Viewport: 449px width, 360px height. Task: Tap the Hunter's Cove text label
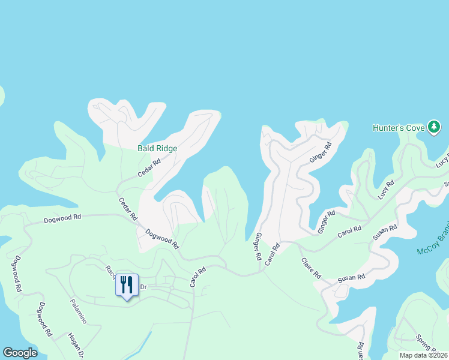(x=398, y=128)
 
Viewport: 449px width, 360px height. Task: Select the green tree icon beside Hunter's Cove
(x=434, y=127)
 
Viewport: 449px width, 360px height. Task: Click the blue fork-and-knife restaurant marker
(x=127, y=284)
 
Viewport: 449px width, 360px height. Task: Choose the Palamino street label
(x=78, y=311)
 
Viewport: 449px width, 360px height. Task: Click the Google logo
(x=20, y=353)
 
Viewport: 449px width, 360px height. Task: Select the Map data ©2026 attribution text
(x=423, y=355)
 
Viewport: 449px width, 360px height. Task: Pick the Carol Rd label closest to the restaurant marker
(x=197, y=277)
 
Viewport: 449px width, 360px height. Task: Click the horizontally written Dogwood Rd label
(x=62, y=220)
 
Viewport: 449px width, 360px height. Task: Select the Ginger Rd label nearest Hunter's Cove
(x=320, y=153)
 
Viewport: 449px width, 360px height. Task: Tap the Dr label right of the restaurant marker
(x=143, y=287)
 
